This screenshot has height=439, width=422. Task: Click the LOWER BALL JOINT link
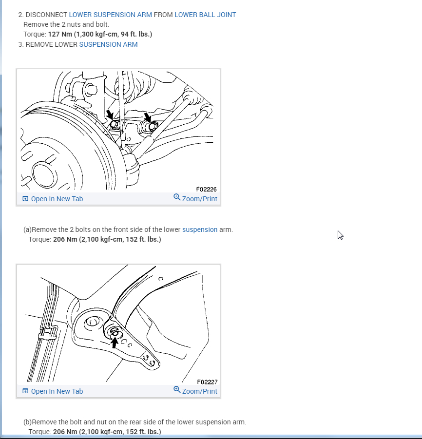(205, 15)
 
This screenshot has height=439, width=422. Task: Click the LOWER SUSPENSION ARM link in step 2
(110, 15)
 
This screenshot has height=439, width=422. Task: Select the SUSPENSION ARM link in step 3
(108, 44)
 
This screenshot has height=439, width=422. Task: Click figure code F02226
(207, 190)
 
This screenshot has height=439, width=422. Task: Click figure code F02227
(207, 382)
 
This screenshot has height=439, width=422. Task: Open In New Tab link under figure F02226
(53, 199)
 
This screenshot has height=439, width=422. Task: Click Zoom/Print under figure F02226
(195, 198)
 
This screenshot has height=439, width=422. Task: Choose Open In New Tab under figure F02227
(53, 391)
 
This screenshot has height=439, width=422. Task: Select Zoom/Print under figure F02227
(195, 391)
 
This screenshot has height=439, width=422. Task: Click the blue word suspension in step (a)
(200, 229)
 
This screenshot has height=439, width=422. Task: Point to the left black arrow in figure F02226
(110, 115)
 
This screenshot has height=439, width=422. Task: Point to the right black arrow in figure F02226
(147, 117)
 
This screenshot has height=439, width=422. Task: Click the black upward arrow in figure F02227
(114, 343)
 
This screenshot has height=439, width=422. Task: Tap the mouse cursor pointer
(340, 235)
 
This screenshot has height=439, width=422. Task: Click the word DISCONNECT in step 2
(46, 15)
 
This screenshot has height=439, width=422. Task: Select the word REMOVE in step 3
(38, 44)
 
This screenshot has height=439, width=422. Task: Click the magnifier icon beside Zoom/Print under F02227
(177, 390)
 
